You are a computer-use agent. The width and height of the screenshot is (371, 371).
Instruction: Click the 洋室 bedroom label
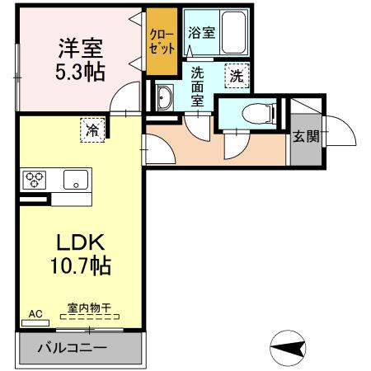(x=80, y=48)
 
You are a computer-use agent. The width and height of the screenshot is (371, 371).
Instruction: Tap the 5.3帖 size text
(x=80, y=72)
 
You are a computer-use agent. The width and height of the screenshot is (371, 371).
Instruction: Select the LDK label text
(x=79, y=243)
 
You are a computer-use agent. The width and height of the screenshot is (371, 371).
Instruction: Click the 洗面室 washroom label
(x=198, y=86)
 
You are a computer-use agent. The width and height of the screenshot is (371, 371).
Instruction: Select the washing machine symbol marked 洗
(x=237, y=75)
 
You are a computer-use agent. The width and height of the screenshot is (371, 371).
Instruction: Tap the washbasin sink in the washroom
(x=162, y=96)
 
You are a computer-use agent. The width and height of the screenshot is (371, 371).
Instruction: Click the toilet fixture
(x=255, y=112)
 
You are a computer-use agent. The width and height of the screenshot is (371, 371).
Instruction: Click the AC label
(x=35, y=314)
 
